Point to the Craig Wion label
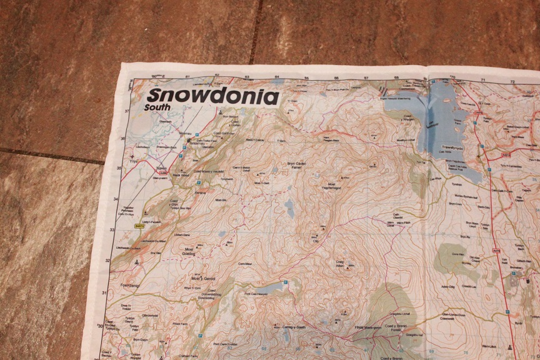pyautogui.click(x=340, y=264)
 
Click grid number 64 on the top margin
pyautogui.click(x=277, y=77)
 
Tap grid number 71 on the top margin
pyautogui.click(x=482, y=81)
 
